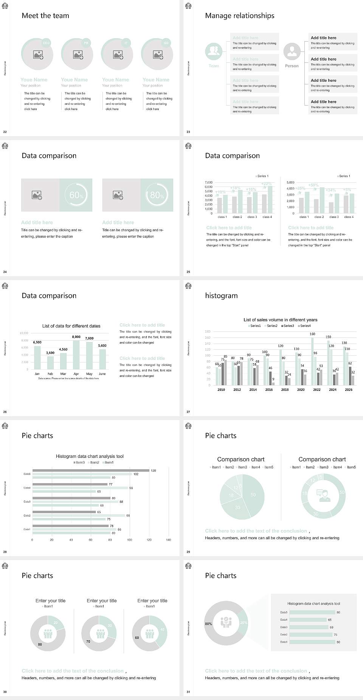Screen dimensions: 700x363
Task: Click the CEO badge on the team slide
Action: pos(46,43)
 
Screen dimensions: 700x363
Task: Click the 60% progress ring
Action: pos(76,195)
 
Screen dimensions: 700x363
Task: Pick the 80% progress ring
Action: pos(157,195)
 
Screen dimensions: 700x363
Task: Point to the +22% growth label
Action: pos(266,184)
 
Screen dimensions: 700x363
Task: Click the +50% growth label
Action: pos(313,185)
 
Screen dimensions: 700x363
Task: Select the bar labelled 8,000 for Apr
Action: pos(76,355)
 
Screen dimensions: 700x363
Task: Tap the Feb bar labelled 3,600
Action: pos(50,362)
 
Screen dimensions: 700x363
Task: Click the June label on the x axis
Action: pos(102,374)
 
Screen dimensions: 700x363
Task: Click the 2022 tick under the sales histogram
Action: pos(317,390)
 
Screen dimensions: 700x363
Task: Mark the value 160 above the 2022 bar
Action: pos(312,334)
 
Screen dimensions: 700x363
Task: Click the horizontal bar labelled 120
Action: pos(91,471)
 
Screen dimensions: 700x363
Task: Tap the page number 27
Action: pos(188,412)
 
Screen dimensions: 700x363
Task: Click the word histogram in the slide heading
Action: pos(221,296)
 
